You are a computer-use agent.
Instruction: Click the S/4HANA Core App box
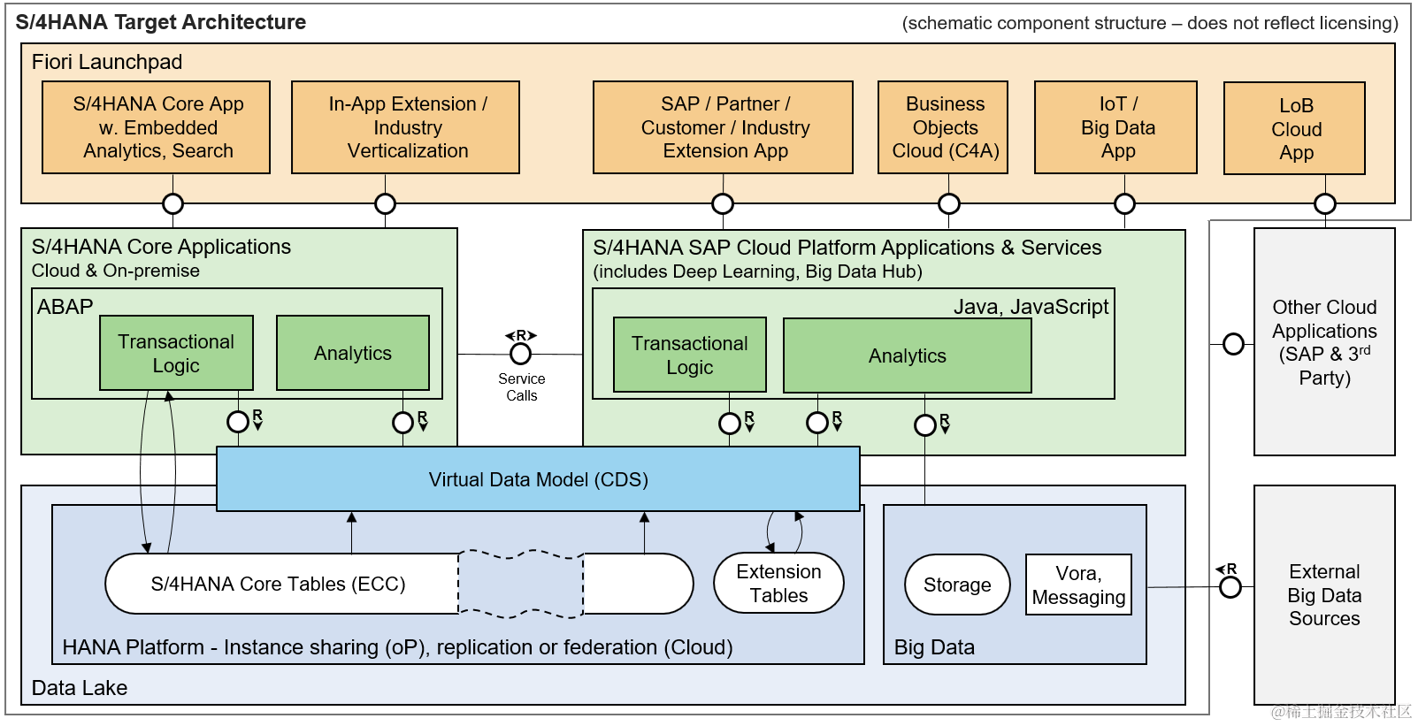(x=157, y=127)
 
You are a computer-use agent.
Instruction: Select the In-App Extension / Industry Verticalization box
(x=406, y=127)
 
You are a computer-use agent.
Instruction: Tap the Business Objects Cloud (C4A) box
(x=944, y=127)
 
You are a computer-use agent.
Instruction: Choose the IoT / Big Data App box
(x=1116, y=127)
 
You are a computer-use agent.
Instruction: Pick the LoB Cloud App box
(x=1295, y=129)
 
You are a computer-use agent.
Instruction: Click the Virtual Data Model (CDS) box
(x=538, y=479)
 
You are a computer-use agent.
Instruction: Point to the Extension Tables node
(x=778, y=584)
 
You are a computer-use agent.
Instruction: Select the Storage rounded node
(x=957, y=585)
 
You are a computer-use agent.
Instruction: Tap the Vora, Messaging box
(x=1078, y=585)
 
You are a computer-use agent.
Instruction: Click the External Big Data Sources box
(x=1324, y=595)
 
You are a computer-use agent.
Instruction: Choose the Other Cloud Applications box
(x=1324, y=341)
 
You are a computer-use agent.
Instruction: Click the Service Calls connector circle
(x=521, y=354)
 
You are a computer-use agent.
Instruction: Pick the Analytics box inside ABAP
(x=353, y=353)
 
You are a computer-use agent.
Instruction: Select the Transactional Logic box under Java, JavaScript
(x=690, y=355)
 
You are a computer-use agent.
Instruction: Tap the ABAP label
(x=65, y=307)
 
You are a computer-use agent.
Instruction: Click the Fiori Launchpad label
(x=107, y=62)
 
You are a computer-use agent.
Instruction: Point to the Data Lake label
(x=80, y=688)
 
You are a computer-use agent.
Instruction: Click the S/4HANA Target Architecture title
(x=161, y=22)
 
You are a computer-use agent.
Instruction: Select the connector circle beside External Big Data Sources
(x=1230, y=587)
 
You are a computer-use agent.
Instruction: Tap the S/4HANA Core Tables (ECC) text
(x=278, y=584)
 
